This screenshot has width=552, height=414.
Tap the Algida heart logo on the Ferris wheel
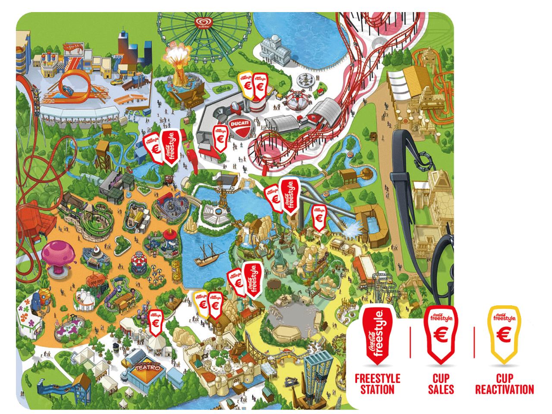[x=202, y=22]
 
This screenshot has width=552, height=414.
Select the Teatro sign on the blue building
[x=147, y=368]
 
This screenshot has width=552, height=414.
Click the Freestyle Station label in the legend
[x=377, y=384]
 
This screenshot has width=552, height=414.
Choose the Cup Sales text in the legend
[x=441, y=384]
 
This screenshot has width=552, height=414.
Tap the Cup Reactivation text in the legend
[x=504, y=384]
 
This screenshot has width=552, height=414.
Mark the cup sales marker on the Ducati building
[x=220, y=138]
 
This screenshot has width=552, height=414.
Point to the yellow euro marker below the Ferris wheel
[x=247, y=85]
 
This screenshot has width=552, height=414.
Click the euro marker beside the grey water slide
[x=319, y=217]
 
